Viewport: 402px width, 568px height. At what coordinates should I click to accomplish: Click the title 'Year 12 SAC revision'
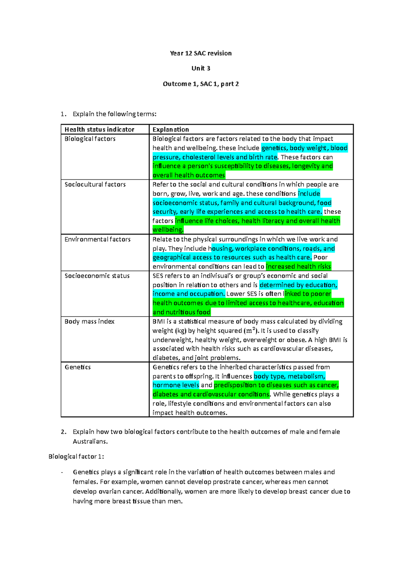[201, 53]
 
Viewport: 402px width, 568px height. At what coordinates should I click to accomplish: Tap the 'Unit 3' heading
[201, 68]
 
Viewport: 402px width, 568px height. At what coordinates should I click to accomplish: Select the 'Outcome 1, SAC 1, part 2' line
[201, 84]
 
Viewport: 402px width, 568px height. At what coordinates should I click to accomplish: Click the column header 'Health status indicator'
[99, 130]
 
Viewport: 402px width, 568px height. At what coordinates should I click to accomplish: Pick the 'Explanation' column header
[171, 130]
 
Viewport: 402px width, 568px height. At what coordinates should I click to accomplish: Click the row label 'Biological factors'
[90, 139]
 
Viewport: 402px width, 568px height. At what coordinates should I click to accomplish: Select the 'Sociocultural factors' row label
[95, 185]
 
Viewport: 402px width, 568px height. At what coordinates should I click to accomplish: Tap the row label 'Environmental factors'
[97, 239]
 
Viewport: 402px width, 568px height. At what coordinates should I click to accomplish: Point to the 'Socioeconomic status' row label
[97, 276]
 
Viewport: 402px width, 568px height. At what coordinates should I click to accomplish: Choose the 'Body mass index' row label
[89, 322]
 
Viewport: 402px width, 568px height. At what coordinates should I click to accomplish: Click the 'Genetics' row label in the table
[78, 367]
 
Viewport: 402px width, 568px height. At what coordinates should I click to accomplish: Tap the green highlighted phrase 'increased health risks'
[298, 267]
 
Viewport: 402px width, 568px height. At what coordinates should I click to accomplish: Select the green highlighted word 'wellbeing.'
[168, 230]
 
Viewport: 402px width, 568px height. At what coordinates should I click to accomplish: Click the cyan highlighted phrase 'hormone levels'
[176, 385]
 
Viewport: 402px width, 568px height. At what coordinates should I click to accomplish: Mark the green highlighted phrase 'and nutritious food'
[181, 312]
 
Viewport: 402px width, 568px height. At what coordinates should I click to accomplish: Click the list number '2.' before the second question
[64, 432]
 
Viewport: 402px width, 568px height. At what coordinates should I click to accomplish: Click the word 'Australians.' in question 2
[90, 441]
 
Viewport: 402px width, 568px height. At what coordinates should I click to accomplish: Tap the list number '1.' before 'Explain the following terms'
[63, 114]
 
